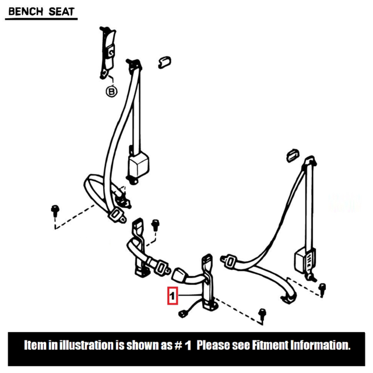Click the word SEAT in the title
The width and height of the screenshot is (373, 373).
click(x=60, y=10)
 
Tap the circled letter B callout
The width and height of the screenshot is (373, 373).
click(x=111, y=91)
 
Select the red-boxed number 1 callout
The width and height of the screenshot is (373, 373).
click(x=173, y=296)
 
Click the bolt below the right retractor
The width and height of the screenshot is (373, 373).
click(x=322, y=287)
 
